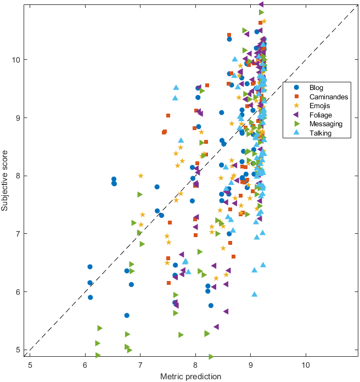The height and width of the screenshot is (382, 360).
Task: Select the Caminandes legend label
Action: [328, 97]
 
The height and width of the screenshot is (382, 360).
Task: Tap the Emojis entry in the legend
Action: [320, 105]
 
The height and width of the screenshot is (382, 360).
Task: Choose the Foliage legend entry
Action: [320, 115]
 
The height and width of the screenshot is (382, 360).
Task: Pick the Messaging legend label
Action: [325, 124]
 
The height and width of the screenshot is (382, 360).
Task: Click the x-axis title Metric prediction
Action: [190, 376]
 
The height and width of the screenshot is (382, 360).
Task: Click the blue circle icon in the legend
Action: [296, 87]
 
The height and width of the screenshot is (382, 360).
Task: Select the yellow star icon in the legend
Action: [296, 105]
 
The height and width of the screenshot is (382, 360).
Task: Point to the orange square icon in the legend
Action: [296, 97]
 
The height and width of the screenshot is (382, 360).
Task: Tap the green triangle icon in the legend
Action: [296, 124]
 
